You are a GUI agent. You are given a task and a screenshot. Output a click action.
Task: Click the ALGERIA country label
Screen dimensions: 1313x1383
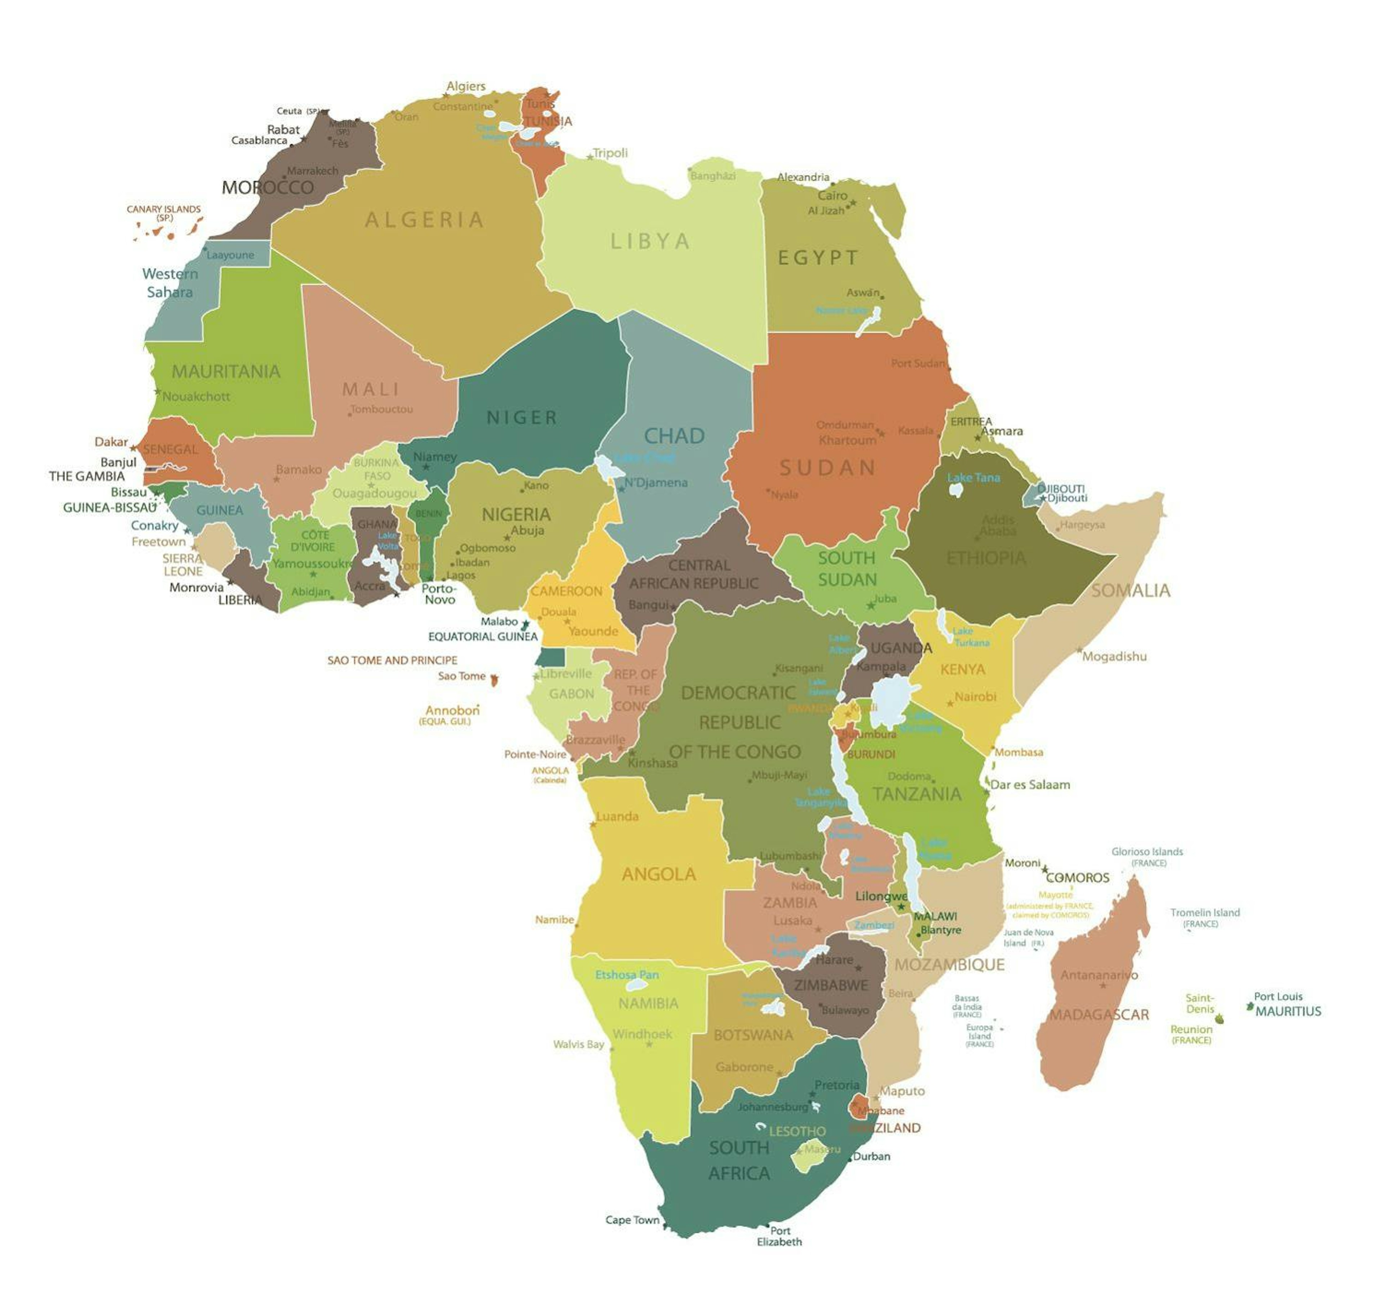click(424, 220)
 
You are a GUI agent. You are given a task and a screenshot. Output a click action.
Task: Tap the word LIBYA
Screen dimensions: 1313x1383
click(650, 241)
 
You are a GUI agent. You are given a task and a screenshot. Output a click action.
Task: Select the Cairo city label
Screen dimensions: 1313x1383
click(832, 195)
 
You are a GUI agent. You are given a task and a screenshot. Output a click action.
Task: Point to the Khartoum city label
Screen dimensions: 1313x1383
click(847, 440)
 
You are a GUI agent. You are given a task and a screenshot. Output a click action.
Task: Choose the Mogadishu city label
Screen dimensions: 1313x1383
click(1114, 656)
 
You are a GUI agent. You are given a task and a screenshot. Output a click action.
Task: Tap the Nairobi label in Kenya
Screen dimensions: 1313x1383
click(975, 696)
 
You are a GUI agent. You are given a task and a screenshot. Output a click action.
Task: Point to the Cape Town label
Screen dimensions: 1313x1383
click(632, 1220)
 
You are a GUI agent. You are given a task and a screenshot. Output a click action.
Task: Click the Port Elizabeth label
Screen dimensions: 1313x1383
click(779, 1236)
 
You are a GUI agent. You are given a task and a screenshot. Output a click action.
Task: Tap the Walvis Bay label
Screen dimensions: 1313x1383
click(578, 1044)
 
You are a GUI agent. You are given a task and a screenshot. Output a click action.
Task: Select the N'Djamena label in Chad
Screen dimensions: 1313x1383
click(656, 482)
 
